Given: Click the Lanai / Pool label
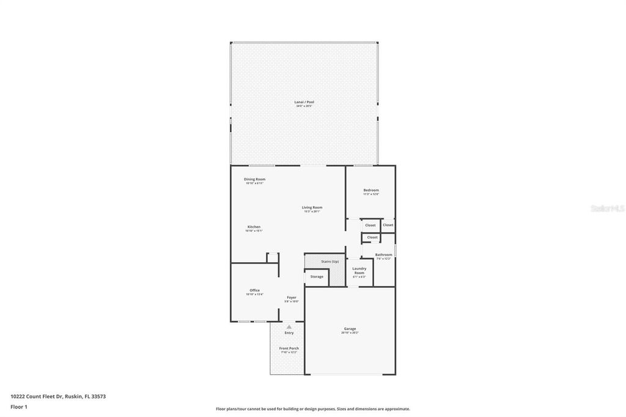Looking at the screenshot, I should [x=304, y=102].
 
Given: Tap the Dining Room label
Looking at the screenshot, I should [x=254, y=179].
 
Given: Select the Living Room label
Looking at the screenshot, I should [x=312, y=207].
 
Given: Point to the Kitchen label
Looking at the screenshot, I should [x=254, y=227].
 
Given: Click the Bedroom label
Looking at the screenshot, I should [x=371, y=190].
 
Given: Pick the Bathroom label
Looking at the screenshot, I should [x=384, y=254].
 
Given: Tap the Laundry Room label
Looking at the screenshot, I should [x=359, y=271].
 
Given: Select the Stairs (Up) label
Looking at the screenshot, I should [x=330, y=262].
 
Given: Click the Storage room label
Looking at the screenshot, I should [x=317, y=277].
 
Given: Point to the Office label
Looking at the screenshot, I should [x=254, y=290].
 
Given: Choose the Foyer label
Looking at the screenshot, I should [x=292, y=298].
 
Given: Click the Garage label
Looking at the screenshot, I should [x=350, y=329].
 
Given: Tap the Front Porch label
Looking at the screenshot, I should [x=289, y=349].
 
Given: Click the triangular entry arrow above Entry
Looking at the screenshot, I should [x=289, y=327].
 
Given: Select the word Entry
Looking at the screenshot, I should [x=289, y=333].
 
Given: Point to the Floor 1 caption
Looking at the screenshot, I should [x=19, y=407].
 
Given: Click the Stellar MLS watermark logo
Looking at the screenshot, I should [x=607, y=208].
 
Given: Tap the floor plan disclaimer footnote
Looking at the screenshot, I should [x=312, y=409].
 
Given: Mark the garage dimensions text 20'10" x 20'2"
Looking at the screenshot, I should [x=350, y=333].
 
